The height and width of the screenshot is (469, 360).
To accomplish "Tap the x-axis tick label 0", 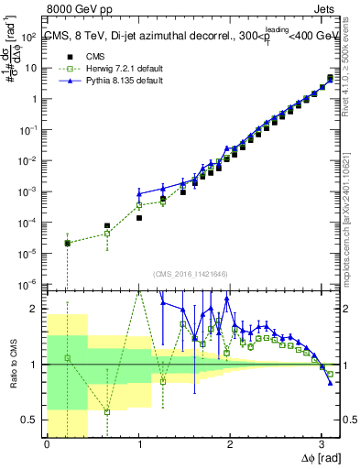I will [x=47, y=444].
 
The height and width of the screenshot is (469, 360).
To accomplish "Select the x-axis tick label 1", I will [x=138, y=444].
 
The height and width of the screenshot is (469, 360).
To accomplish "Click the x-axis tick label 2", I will [x=230, y=444].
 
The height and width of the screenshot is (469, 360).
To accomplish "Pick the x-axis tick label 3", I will [x=321, y=444].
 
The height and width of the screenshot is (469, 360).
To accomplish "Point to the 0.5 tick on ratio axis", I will [x=29, y=420].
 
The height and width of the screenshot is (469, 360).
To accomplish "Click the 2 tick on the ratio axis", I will [x=34, y=309].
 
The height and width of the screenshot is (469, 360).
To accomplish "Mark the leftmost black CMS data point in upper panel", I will [x=68, y=243].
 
